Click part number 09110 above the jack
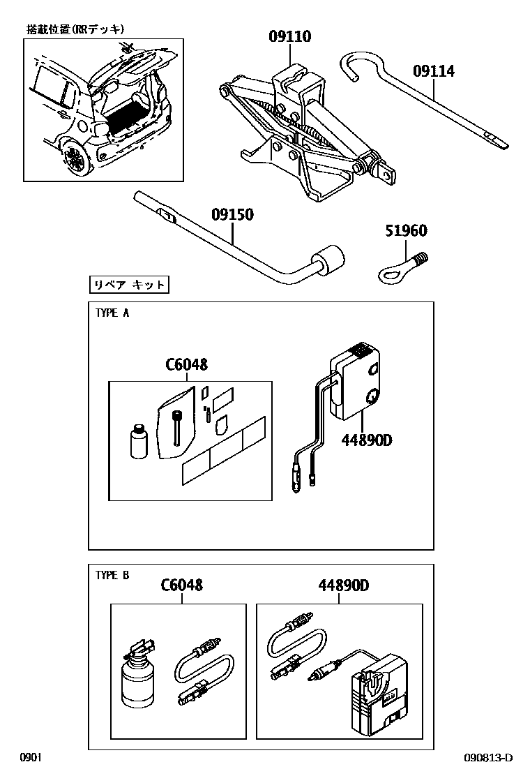click(290, 37)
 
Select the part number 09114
click(433, 70)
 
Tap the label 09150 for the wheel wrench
click(232, 214)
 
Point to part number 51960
click(405, 231)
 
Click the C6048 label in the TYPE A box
click(186, 364)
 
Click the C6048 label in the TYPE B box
click(182, 585)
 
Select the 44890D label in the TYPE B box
click(344, 585)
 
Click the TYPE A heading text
click(112, 313)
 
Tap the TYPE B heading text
click(112, 575)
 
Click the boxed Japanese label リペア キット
click(130, 285)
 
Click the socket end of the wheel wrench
click(329, 260)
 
